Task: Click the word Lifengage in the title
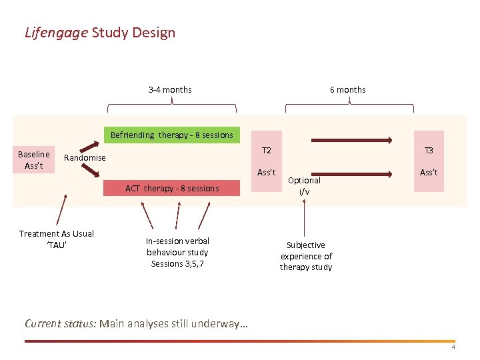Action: click(57, 32)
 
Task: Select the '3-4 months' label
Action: click(170, 89)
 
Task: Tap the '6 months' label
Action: click(348, 89)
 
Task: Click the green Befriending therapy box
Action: click(172, 135)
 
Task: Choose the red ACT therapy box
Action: click(172, 188)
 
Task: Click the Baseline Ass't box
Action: click(33, 160)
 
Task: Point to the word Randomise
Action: click(85, 157)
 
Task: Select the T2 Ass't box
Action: click(267, 161)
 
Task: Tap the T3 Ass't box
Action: click(429, 161)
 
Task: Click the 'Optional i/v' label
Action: click(304, 185)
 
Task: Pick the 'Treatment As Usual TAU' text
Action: click(57, 239)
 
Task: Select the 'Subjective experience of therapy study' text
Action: click(306, 256)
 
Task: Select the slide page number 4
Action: click(453, 347)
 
